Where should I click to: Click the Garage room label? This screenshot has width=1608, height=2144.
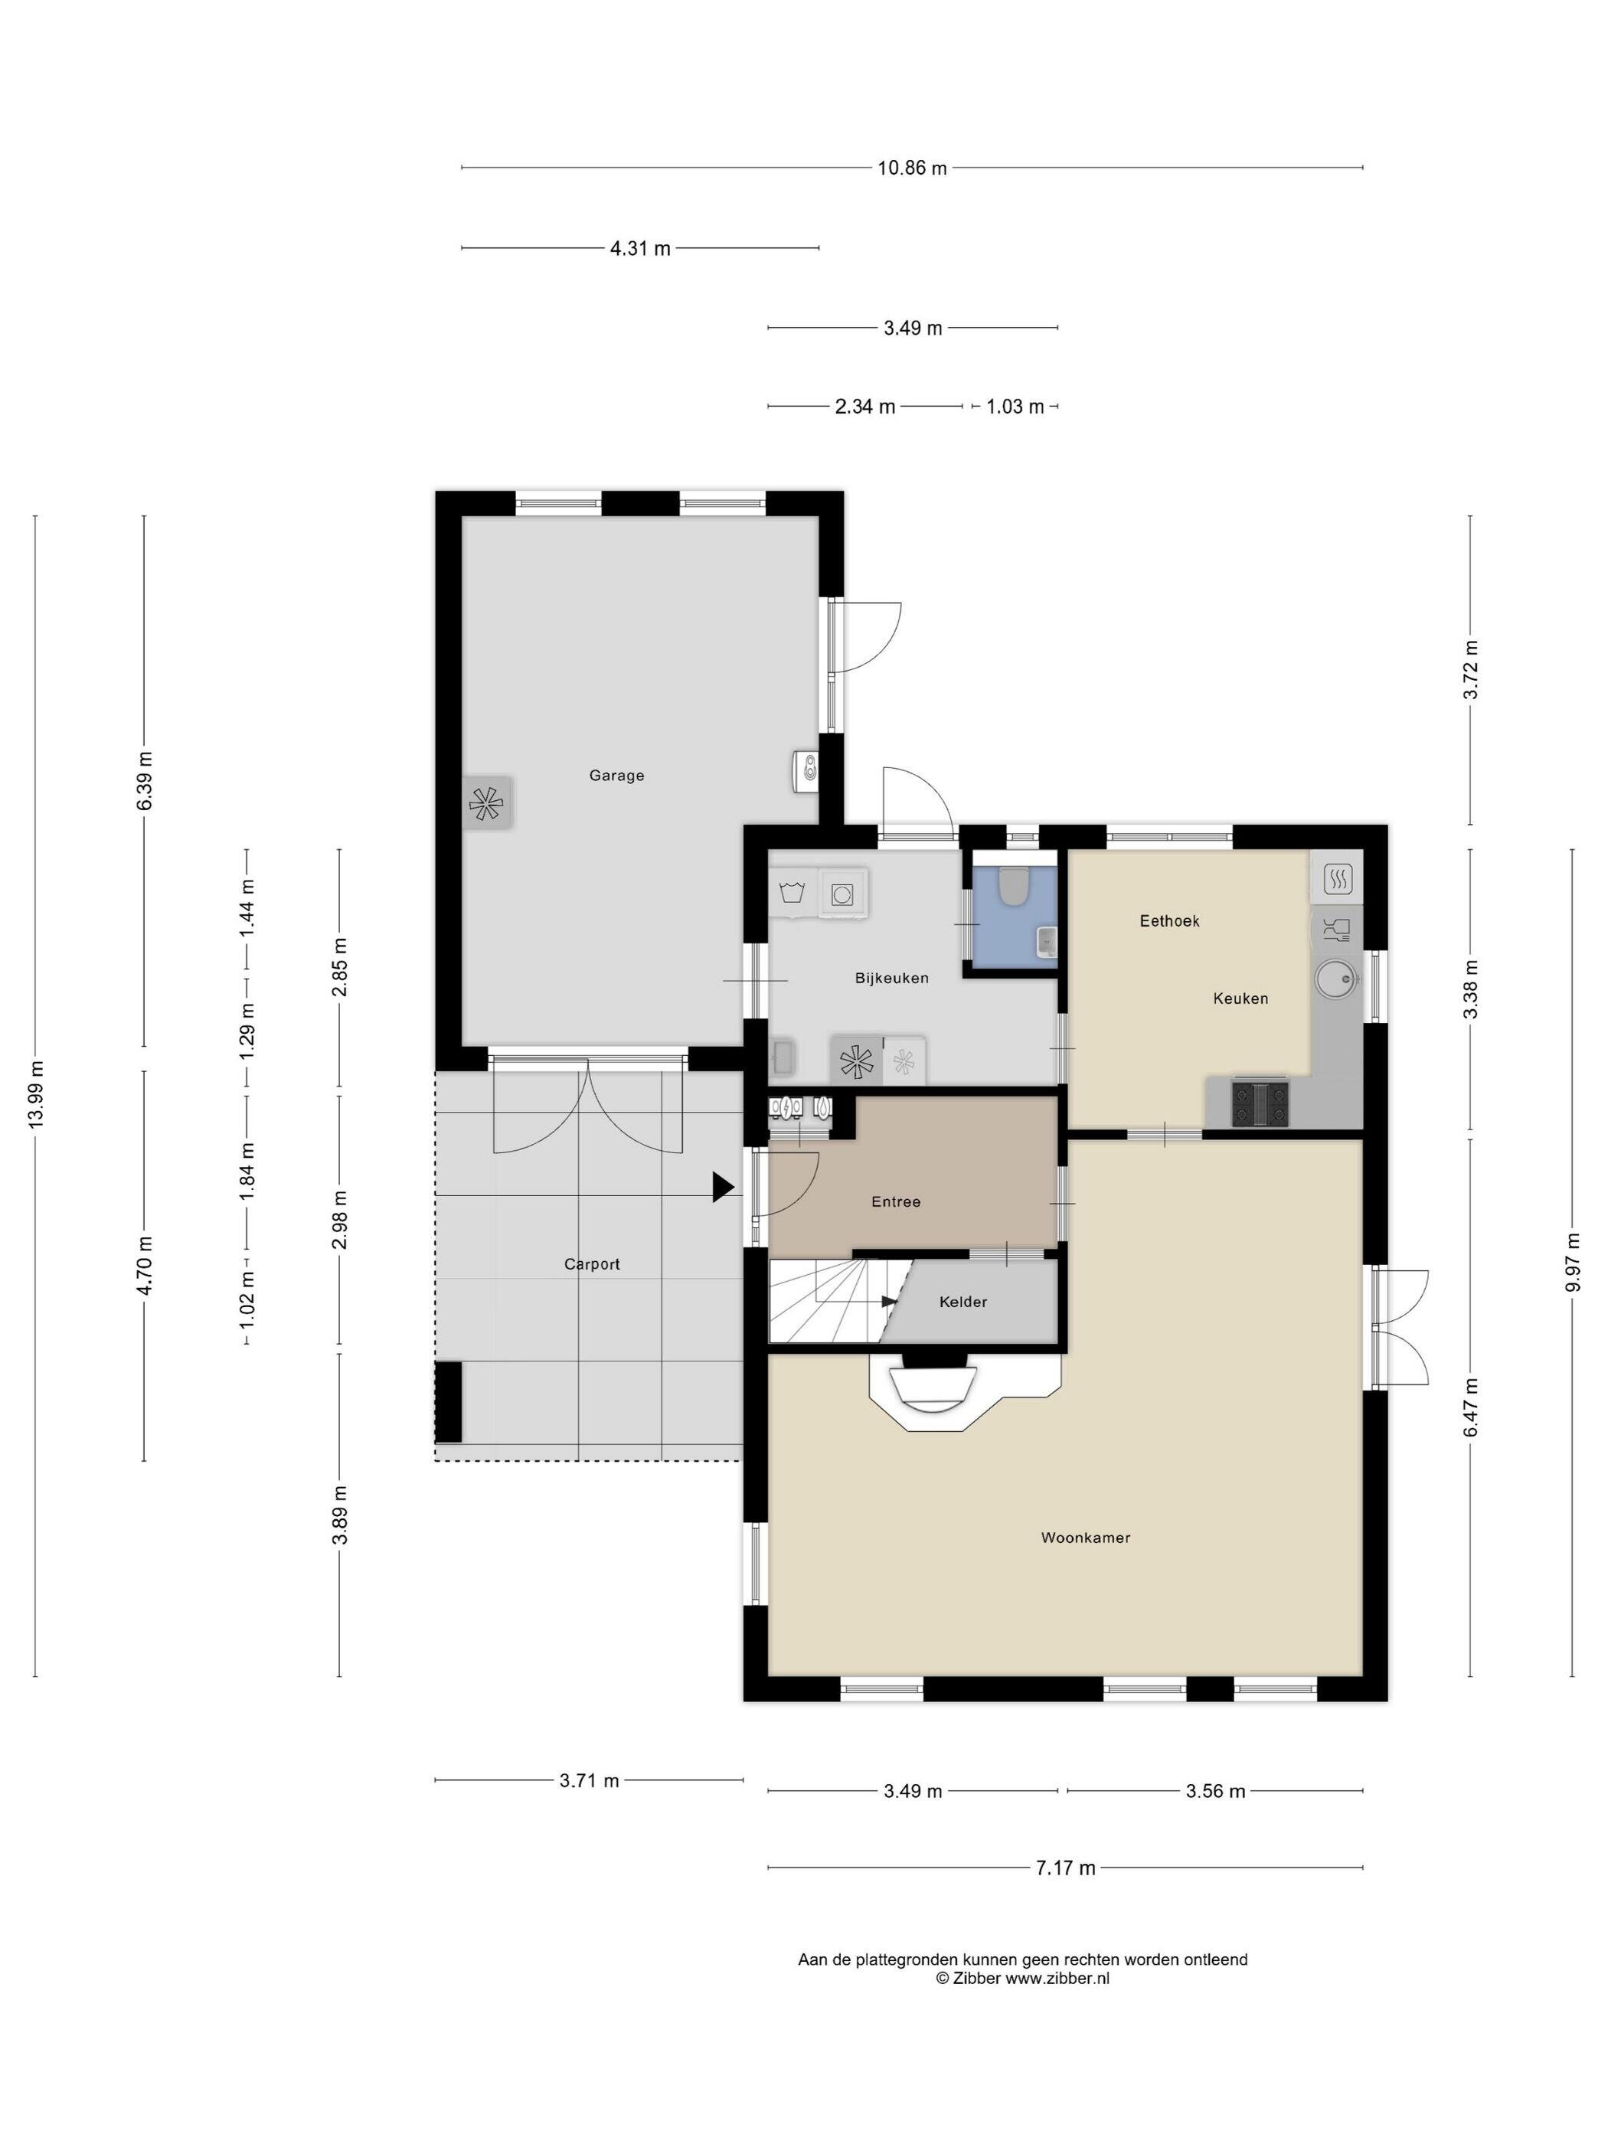616,776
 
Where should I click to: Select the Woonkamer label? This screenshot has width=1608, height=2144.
1086,1538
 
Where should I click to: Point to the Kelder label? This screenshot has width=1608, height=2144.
963,1302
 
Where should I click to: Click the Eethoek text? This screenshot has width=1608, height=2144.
1170,921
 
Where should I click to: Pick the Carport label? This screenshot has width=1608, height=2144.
592,1264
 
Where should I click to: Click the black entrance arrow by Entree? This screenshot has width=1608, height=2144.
723,1188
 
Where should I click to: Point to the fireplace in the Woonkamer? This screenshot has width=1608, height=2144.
936,1386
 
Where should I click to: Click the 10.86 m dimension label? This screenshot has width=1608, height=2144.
912,168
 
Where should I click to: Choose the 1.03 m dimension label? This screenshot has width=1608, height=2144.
1015,407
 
